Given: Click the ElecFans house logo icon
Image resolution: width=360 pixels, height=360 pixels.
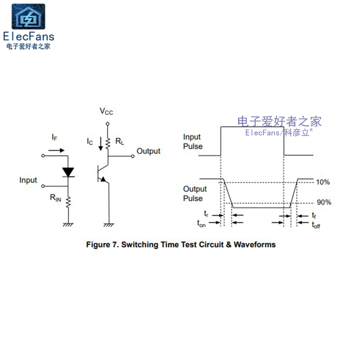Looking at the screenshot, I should click(28, 17).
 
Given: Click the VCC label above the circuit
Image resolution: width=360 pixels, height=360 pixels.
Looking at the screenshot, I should click(107, 111).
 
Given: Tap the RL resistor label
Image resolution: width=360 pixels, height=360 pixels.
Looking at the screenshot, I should click(120, 141).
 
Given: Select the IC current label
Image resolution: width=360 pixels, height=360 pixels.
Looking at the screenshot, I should click(90, 141).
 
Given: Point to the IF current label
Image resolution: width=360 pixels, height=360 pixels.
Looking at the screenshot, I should click(54, 137).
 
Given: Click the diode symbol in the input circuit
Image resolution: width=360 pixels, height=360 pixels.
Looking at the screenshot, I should click(68, 171).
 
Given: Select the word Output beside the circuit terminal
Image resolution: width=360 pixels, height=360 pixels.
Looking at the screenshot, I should click(148, 151).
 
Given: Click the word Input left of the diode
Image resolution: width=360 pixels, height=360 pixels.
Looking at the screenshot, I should click(28, 180).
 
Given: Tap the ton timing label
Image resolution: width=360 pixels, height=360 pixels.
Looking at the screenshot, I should click(202, 223).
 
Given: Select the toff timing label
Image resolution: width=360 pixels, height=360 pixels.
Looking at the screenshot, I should click(315, 225).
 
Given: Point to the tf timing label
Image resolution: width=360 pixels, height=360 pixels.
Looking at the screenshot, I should click(314, 216).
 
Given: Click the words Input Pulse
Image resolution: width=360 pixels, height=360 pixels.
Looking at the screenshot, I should click(193, 142).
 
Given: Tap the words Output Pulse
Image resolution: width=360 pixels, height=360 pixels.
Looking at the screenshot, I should click(195, 194).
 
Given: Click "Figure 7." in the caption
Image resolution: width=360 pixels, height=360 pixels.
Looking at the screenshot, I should click(102, 245).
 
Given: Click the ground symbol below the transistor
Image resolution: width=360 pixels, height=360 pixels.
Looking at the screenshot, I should click(108, 224).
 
